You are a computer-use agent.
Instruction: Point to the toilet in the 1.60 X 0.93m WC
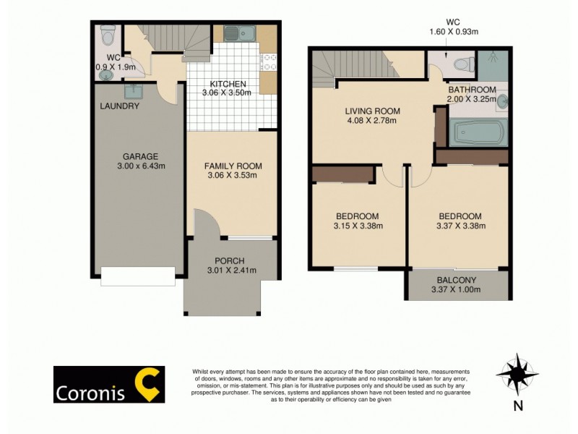462,64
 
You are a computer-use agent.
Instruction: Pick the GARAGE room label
140,156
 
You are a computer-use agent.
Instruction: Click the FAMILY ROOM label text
233,166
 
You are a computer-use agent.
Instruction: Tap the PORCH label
230,261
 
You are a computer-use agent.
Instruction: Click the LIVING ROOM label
372,111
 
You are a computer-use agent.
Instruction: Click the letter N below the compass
517,406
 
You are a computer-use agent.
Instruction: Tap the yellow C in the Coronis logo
148,384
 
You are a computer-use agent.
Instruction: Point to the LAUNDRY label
119,106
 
